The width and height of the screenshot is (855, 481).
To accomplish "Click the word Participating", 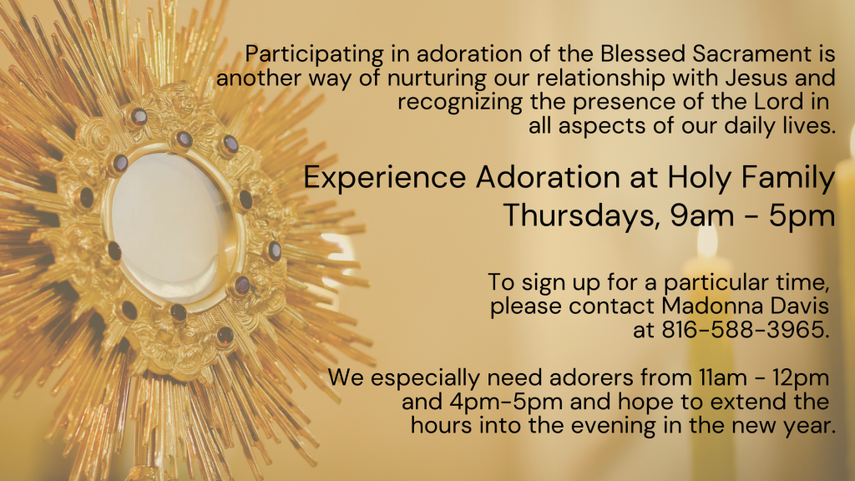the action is [x=314, y=55].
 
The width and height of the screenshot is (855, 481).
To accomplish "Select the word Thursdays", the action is [x=579, y=215].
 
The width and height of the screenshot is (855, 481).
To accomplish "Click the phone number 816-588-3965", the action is [x=746, y=329].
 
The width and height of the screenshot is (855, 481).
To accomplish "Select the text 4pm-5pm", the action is [x=506, y=403].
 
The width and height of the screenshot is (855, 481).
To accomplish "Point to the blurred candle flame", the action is [x=708, y=240].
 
